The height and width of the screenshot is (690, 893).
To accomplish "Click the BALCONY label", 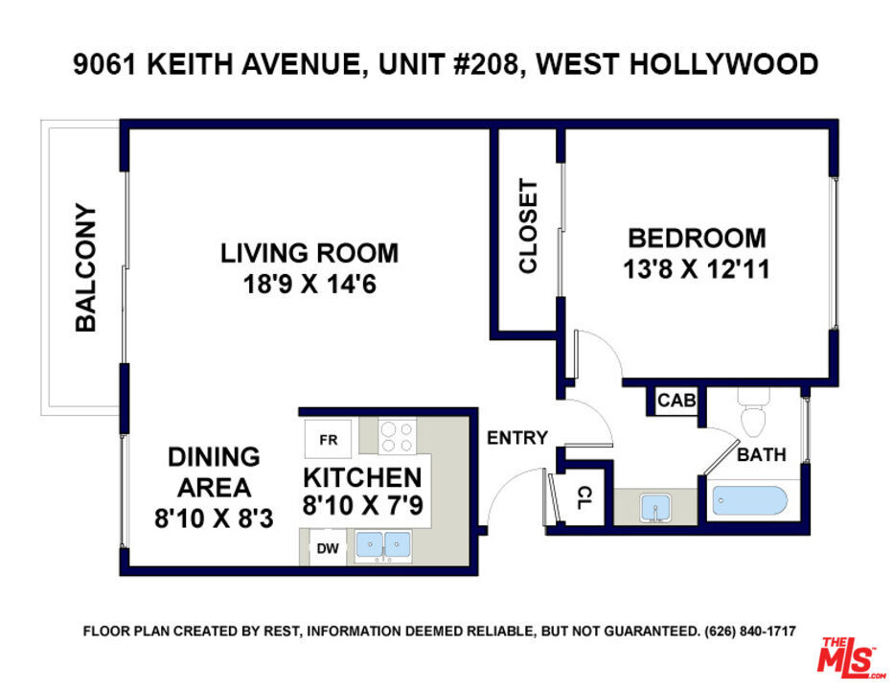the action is [x=86, y=267].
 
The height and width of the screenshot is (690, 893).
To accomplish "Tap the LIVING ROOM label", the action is [x=309, y=253].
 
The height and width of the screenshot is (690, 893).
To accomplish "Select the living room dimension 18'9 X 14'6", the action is [x=309, y=284].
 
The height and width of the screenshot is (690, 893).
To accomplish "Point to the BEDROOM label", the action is [x=697, y=239].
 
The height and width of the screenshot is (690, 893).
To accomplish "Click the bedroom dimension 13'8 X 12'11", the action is [x=697, y=269].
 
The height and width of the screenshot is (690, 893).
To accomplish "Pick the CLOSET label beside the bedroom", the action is [x=528, y=226].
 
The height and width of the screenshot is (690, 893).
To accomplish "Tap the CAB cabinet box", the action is [x=676, y=401].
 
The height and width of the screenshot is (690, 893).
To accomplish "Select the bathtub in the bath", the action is [x=749, y=501].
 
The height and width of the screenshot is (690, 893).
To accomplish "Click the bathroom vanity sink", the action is [x=655, y=508].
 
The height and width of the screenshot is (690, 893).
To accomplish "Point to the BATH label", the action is [x=762, y=454].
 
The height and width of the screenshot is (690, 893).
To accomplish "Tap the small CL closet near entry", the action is [x=583, y=496].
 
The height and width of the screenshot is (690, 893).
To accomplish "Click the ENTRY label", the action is [x=517, y=438].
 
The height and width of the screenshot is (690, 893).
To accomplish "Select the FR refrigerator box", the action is [x=328, y=439].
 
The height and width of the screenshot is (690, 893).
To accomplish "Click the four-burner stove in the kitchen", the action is [x=397, y=437].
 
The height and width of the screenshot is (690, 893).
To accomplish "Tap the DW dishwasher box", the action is [x=328, y=548].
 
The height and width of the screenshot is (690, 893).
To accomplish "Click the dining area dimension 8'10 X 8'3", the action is [x=214, y=519].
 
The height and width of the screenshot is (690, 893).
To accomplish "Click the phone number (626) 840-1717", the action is [x=750, y=632].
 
